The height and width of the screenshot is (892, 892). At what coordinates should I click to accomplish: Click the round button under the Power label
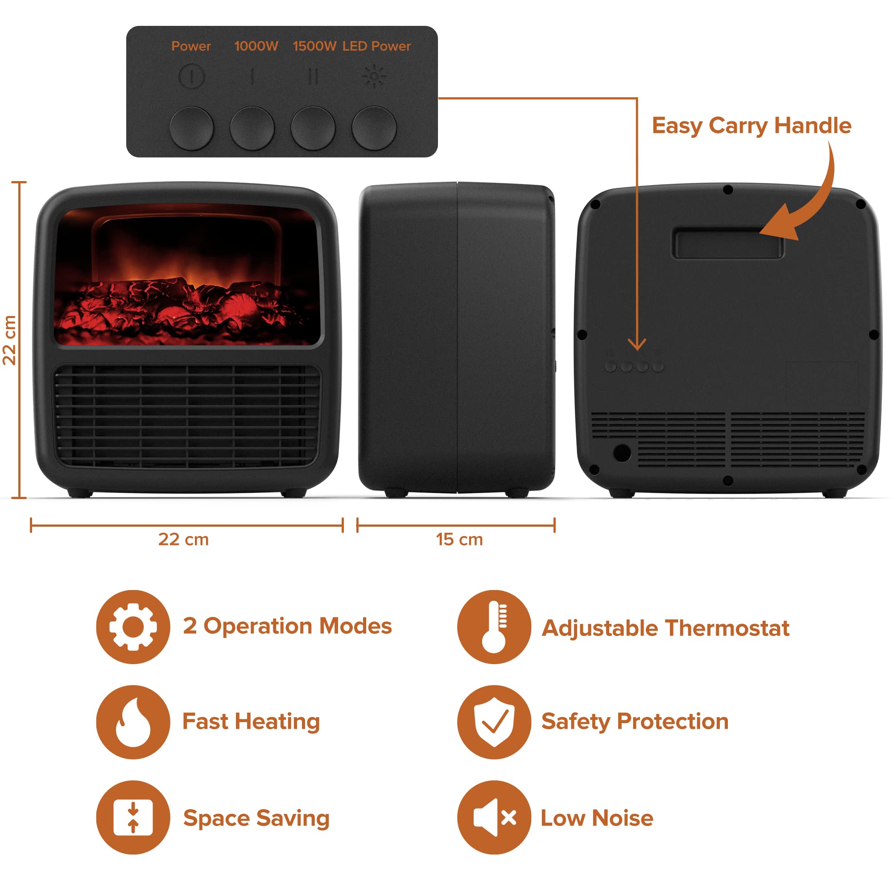tap(192, 128)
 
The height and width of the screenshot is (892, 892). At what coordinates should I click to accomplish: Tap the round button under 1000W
tap(252, 128)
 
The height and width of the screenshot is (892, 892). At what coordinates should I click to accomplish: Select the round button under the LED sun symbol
tap(374, 128)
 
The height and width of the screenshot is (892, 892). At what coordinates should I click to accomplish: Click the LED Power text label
tap(376, 46)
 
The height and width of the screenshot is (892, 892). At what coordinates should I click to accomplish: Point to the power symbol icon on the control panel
tap(191, 76)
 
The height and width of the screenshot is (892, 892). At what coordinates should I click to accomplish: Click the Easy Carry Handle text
tap(751, 126)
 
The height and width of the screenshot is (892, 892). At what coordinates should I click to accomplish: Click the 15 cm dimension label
tap(459, 539)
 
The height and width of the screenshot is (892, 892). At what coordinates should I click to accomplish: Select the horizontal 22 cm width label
tap(183, 539)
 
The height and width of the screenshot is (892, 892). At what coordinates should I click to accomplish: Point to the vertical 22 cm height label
tap(10, 340)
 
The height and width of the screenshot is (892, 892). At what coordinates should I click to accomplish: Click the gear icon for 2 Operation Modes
tap(133, 627)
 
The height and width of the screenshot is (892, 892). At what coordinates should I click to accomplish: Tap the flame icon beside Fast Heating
tap(133, 722)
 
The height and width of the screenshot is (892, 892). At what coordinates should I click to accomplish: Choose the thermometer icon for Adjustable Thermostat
tap(494, 627)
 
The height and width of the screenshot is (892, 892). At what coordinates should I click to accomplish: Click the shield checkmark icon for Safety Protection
tap(494, 722)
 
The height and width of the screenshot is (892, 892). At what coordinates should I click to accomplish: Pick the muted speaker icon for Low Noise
tap(494, 818)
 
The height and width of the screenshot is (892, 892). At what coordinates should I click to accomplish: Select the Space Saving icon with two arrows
tap(133, 818)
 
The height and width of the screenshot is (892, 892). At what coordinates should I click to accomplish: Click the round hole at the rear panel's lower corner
tap(622, 452)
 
